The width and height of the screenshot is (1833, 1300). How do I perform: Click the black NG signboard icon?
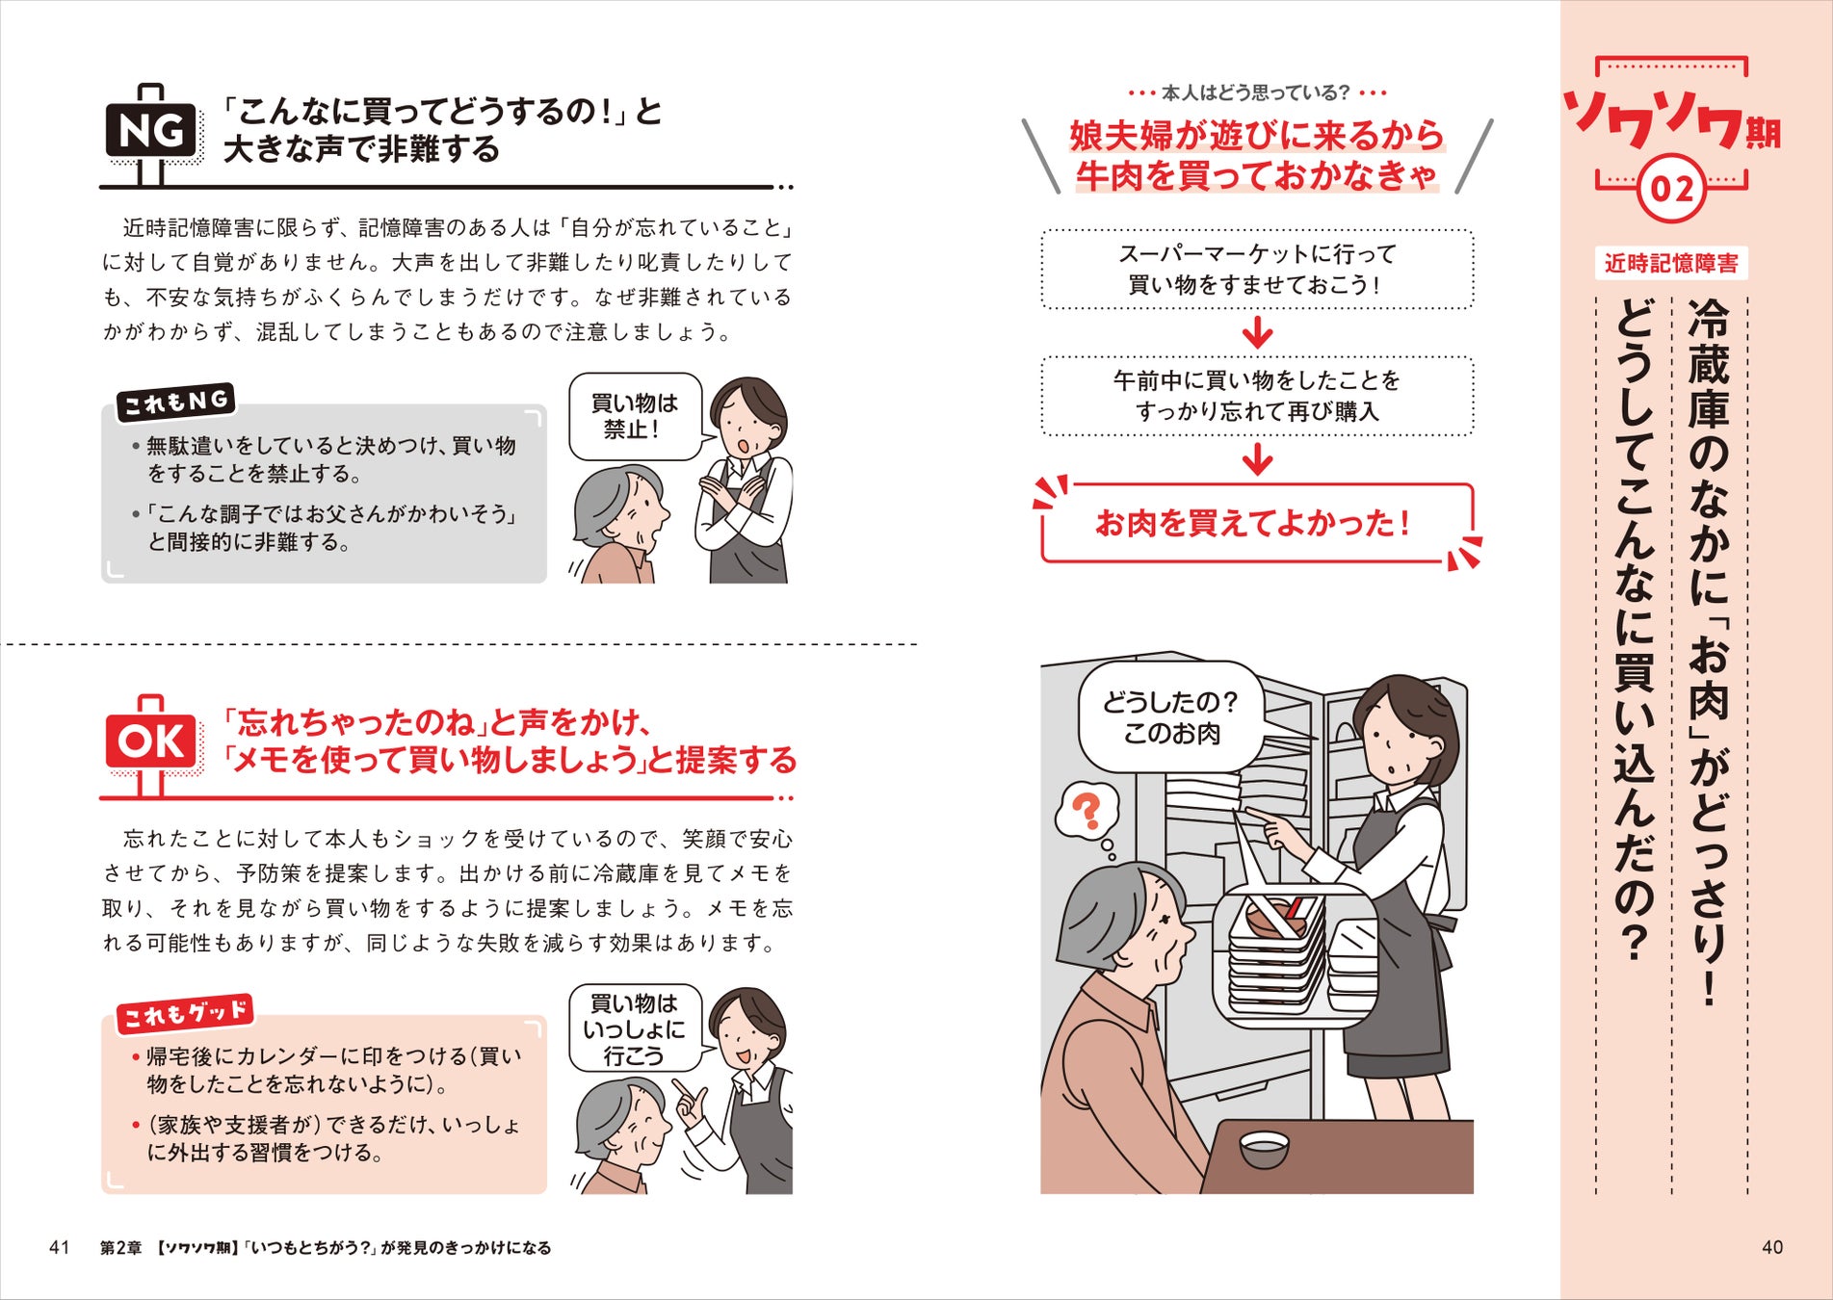click(151, 131)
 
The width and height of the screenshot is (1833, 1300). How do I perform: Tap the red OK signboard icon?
click(151, 741)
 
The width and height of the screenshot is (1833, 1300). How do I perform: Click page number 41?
click(59, 1247)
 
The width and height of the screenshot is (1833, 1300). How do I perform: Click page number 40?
click(1771, 1247)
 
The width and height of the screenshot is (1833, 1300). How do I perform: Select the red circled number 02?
click(1671, 188)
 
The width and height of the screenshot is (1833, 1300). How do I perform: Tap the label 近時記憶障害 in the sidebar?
click(1671, 263)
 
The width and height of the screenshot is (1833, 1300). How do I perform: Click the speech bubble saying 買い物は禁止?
click(634, 416)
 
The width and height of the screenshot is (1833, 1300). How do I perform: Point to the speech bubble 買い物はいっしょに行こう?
click(634, 1028)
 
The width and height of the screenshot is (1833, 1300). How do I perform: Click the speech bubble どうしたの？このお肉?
click(1170, 717)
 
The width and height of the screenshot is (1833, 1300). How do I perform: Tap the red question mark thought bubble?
click(1087, 811)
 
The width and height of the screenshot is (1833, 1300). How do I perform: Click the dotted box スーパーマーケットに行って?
click(1257, 270)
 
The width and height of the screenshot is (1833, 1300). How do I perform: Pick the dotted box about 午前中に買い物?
click(1257, 396)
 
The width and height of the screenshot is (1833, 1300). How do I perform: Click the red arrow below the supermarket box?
click(1257, 333)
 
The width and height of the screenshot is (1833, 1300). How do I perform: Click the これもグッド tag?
click(185, 1013)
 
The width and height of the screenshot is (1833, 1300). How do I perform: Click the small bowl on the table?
click(1264, 1148)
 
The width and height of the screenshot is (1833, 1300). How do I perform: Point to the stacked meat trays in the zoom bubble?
click(1276, 953)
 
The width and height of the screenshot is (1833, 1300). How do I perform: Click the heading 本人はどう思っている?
click(1256, 93)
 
